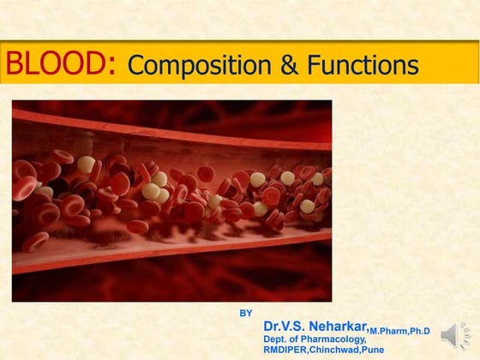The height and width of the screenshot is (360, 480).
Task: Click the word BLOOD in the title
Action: [x=53, y=63]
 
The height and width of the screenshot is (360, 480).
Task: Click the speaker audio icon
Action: [x=456, y=336]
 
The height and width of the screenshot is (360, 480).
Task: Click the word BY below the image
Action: [x=246, y=313]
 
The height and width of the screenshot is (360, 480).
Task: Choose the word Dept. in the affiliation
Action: [x=276, y=339]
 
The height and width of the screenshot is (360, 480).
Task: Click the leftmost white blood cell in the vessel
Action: [x=87, y=164]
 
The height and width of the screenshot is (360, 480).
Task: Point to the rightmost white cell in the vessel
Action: [x=307, y=206]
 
